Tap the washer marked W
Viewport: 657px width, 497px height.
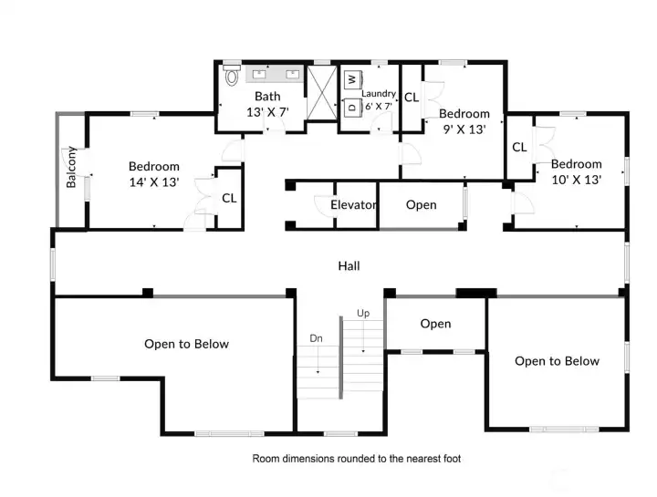pyautogui.click(x=352, y=80)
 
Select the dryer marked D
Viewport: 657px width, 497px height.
pyautogui.click(x=352, y=107)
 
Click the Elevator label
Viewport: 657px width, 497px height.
pyautogui.click(x=353, y=205)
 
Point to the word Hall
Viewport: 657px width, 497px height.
pyautogui.click(x=349, y=266)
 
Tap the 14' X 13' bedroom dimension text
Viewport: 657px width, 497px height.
pyautogui.click(x=153, y=182)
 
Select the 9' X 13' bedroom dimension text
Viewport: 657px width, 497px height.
pyautogui.click(x=464, y=129)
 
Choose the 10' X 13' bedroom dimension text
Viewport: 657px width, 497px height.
pyautogui.click(x=576, y=180)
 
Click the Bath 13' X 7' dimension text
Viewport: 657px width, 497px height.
pyautogui.click(x=267, y=112)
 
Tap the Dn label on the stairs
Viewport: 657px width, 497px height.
pyautogui.click(x=317, y=338)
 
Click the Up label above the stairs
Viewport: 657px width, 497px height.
pyautogui.click(x=363, y=314)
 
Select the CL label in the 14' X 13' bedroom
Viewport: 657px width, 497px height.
pyautogui.click(x=229, y=198)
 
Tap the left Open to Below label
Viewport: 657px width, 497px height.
pyautogui.click(x=186, y=344)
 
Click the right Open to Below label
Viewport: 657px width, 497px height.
pyautogui.click(x=557, y=361)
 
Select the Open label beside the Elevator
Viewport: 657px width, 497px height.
pyautogui.click(x=421, y=205)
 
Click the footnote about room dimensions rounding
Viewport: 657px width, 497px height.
pyautogui.click(x=357, y=458)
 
